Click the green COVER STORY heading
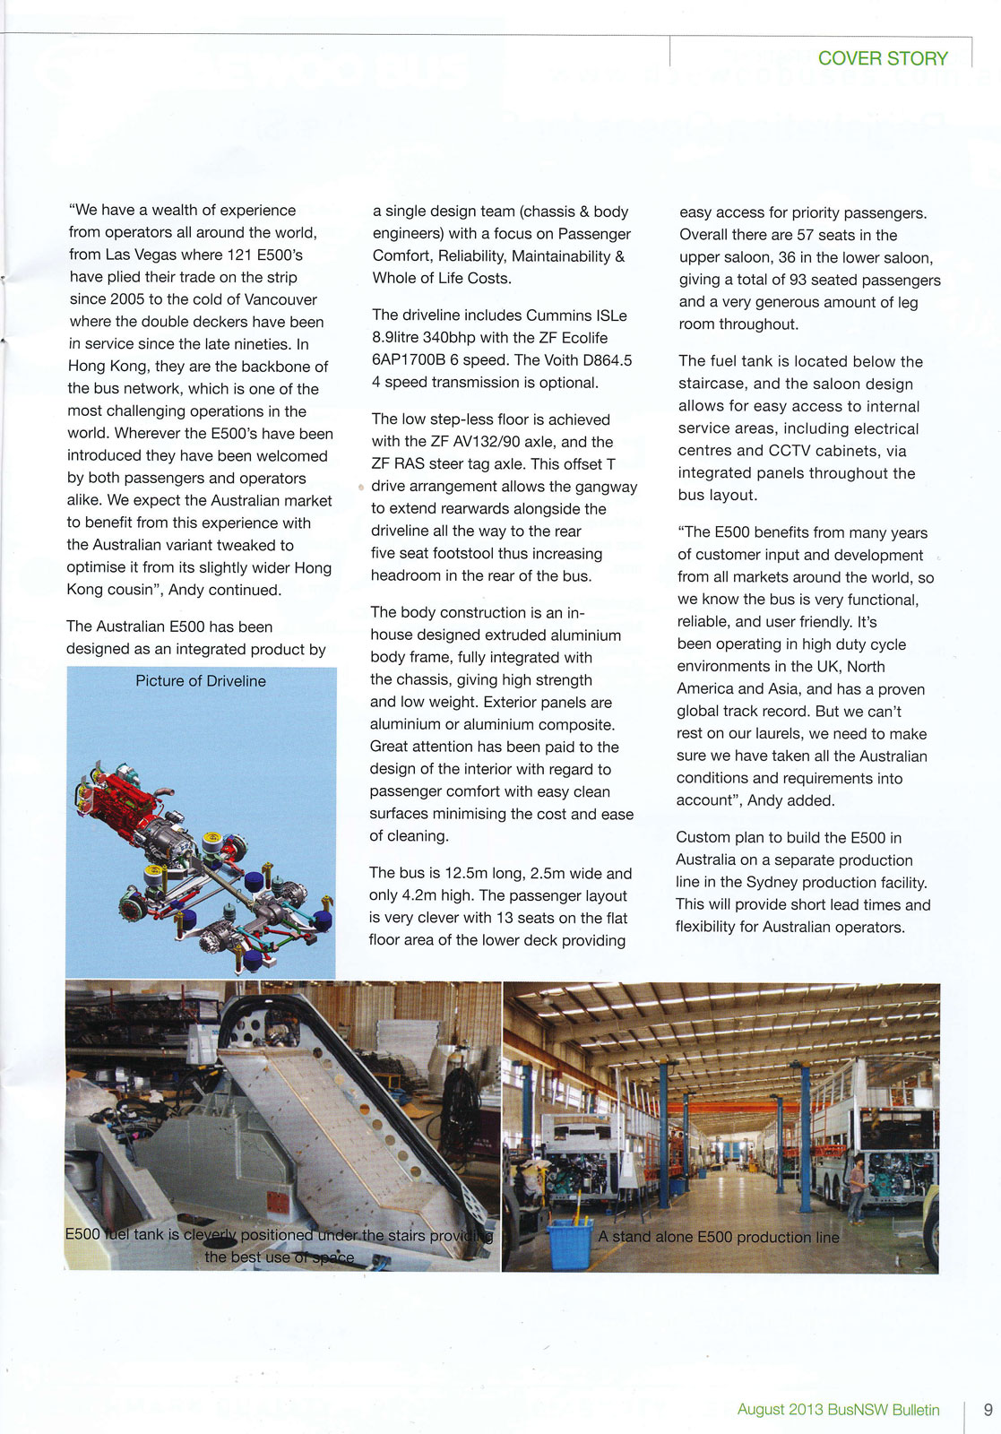(x=883, y=59)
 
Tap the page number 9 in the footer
(x=988, y=1409)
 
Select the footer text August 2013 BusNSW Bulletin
(x=838, y=1410)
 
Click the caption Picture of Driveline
(x=201, y=681)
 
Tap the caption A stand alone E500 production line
(x=719, y=1237)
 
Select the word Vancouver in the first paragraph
(x=280, y=299)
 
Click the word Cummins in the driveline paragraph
(x=558, y=315)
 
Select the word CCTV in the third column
(x=796, y=451)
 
